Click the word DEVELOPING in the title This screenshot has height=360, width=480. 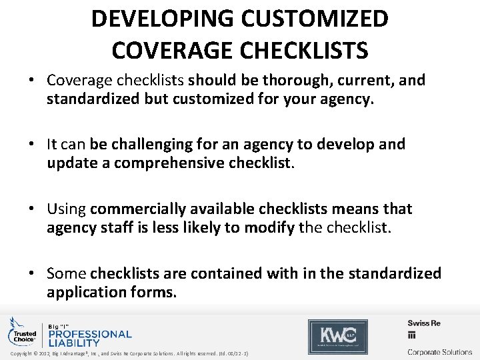point(158,19)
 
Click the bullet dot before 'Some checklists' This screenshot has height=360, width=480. point(31,273)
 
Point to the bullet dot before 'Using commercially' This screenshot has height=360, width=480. point(31,209)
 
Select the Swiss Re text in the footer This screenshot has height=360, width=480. point(425,323)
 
